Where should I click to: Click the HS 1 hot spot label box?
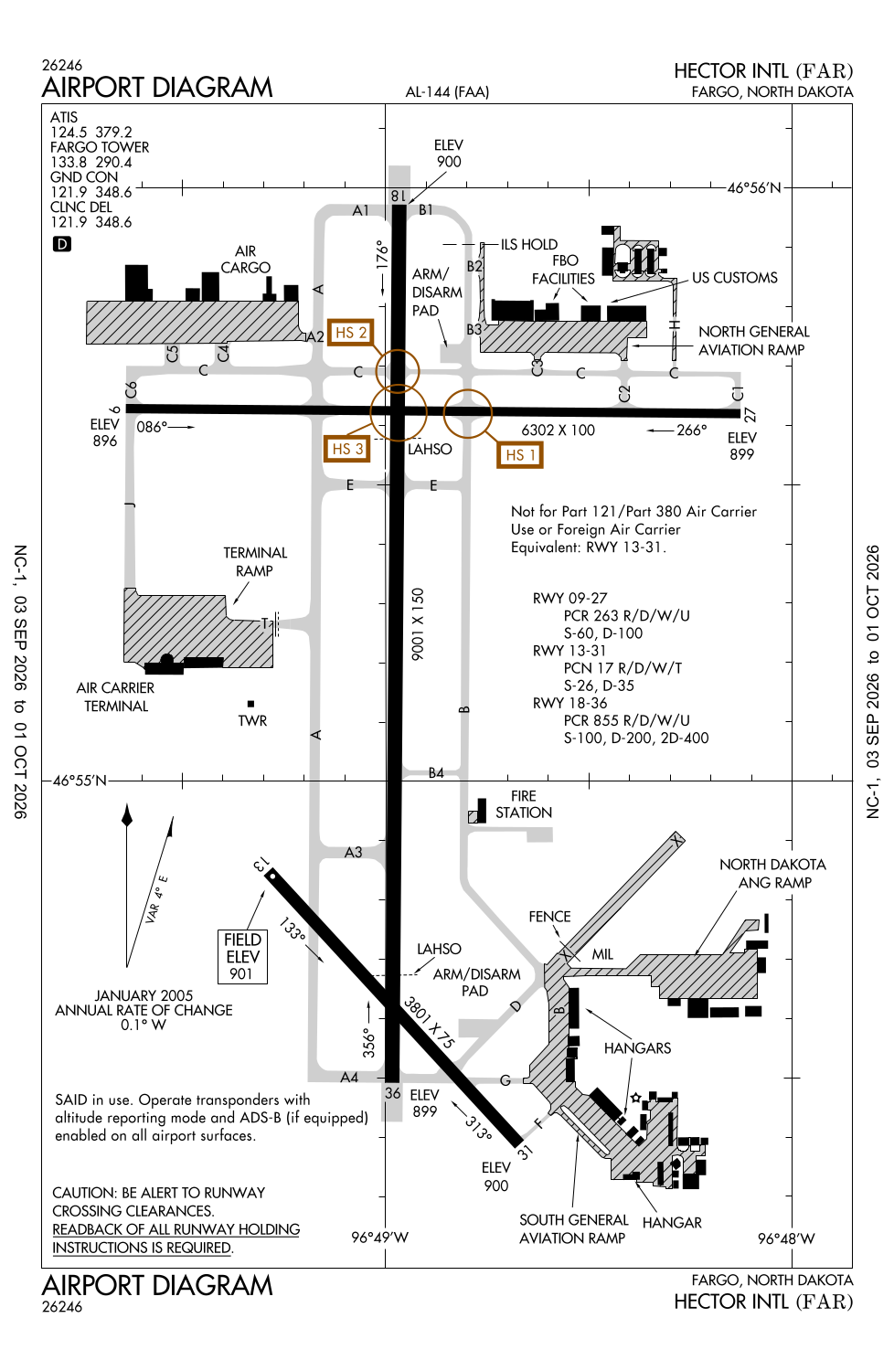(520, 455)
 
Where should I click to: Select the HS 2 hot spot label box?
(350, 333)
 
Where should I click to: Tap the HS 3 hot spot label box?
(347, 449)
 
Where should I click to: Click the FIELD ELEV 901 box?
(242, 957)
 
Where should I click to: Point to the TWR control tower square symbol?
(250, 704)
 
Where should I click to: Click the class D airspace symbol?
(62, 244)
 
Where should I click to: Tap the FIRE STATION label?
(524, 804)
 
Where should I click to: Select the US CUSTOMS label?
(735, 277)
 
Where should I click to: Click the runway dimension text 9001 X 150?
(418, 624)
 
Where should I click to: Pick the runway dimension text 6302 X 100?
(558, 430)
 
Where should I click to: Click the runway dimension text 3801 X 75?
(429, 1022)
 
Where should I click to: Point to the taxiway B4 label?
(436, 773)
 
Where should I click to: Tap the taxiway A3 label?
(354, 852)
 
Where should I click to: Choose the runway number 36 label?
(392, 1092)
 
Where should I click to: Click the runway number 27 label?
(750, 416)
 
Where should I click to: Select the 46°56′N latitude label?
(754, 188)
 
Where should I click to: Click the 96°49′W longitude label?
(379, 1237)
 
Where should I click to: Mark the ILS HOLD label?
(529, 244)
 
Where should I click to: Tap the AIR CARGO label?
(245, 260)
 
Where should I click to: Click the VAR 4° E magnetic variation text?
(156, 899)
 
